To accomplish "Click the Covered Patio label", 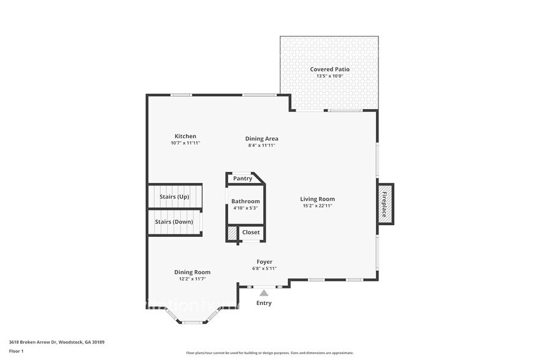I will pyautogui.click(x=329, y=69).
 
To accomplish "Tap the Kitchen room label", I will pyautogui.click(x=185, y=136).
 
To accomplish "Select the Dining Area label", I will pyautogui.click(x=262, y=138).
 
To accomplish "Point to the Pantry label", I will pyautogui.click(x=242, y=179).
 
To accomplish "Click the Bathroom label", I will pyautogui.click(x=245, y=201).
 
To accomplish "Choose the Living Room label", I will pyautogui.click(x=317, y=198).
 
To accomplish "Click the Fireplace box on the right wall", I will pyautogui.click(x=384, y=204).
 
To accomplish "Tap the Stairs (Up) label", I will pyautogui.click(x=174, y=197).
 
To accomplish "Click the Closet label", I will pyautogui.click(x=250, y=233).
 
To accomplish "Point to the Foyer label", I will pyautogui.click(x=264, y=261).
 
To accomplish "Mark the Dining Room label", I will pyautogui.click(x=192, y=272).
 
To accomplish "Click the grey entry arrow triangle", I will pyautogui.click(x=264, y=293).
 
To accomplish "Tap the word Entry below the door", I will pyautogui.click(x=264, y=303).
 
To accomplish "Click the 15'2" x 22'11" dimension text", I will pyautogui.click(x=317, y=206).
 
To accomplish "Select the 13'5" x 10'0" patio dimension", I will pyautogui.click(x=329, y=77).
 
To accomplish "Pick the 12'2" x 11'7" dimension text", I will pyautogui.click(x=192, y=279).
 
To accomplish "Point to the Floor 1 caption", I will pyautogui.click(x=17, y=351).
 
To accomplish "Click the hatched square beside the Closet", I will pyautogui.click(x=232, y=233).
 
